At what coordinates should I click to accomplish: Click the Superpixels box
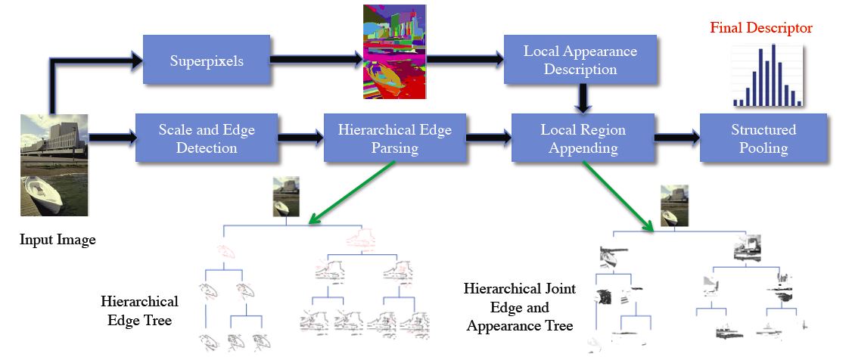pos(207,61)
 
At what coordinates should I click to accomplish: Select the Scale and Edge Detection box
pos(207,138)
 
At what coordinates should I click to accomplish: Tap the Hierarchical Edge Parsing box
pos(394,138)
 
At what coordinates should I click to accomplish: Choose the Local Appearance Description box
pos(580,61)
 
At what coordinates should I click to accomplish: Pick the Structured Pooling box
pos(763,138)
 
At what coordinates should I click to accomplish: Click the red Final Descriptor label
pos(760,28)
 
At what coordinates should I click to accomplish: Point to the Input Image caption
pos(58,240)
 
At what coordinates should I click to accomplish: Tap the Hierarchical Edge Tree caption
pos(139,311)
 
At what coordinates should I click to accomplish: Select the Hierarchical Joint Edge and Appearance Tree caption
pos(520,308)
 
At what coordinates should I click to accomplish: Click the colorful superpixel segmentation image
pos(394,51)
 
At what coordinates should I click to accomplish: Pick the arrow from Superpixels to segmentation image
pos(314,61)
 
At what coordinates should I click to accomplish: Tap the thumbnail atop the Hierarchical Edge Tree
pos(286,197)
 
